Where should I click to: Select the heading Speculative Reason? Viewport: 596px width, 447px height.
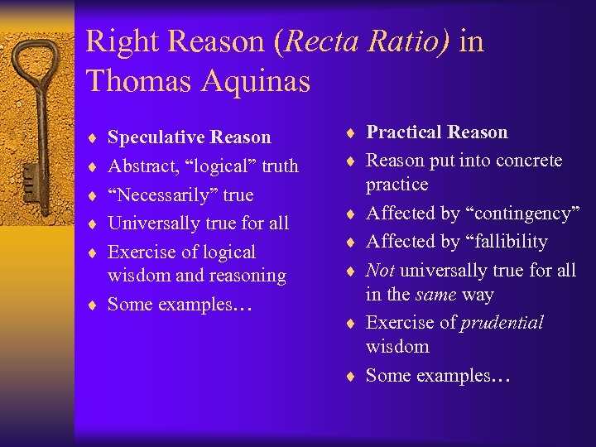click(190, 137)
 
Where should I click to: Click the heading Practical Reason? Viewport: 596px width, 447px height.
click(437, 132)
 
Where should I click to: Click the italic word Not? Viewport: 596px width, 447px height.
click(380, 271)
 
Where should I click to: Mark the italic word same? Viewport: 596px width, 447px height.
click(437, 295)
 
